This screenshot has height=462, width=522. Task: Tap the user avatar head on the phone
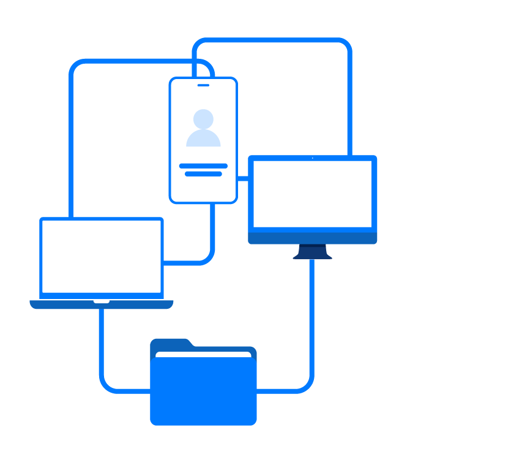coord(203,118)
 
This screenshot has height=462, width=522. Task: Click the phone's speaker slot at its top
coord(203,85)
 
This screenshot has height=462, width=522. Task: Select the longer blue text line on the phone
coord(203,166)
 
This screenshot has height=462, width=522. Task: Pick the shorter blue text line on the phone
coord(203,174)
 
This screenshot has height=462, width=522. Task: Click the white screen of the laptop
coord(102,256)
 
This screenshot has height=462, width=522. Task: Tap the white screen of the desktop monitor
coord(312,193)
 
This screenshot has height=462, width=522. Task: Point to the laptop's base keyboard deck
coord(61,305)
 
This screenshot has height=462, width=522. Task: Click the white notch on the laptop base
coord(102,301)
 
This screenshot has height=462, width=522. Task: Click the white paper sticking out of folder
coord(203,354)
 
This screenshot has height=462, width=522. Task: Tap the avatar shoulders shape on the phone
coord(203,139)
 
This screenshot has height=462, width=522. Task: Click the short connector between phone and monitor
coord(242,179)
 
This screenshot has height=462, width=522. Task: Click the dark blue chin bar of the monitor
coord(312,238)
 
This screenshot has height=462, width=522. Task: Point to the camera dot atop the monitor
coord(312,158)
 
